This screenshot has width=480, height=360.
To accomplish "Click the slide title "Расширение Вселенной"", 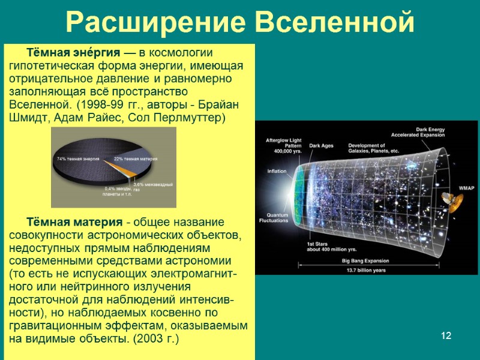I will pyautogui.click(x=240, y=23).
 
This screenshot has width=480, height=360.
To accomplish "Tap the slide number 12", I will pyautogui.click(x=445, y=335).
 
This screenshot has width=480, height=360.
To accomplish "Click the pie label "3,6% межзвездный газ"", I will pyautogui.click(x=152, y=187).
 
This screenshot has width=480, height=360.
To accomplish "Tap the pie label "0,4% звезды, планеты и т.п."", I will pyautogui.click(x=118, y=191).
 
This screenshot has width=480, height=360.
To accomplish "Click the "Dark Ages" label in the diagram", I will pyautogui.click(x=322, y=145).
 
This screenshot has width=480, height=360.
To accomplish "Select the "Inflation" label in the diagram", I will pyautogui.click(x=277, y=171).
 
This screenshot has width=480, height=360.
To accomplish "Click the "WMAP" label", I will pyautogui.click(x=466, y=188).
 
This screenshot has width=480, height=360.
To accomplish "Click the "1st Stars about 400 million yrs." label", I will pyautogui.click(x=331, y=246).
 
